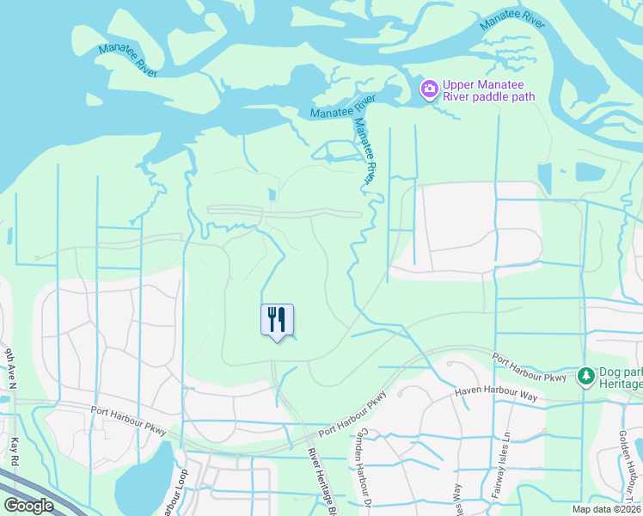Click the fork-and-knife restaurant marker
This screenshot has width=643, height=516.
pos(277,320)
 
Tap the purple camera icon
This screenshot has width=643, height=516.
pos(429,89)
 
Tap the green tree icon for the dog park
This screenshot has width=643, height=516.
pos(586,375)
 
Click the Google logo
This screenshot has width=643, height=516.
pos(28,506)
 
